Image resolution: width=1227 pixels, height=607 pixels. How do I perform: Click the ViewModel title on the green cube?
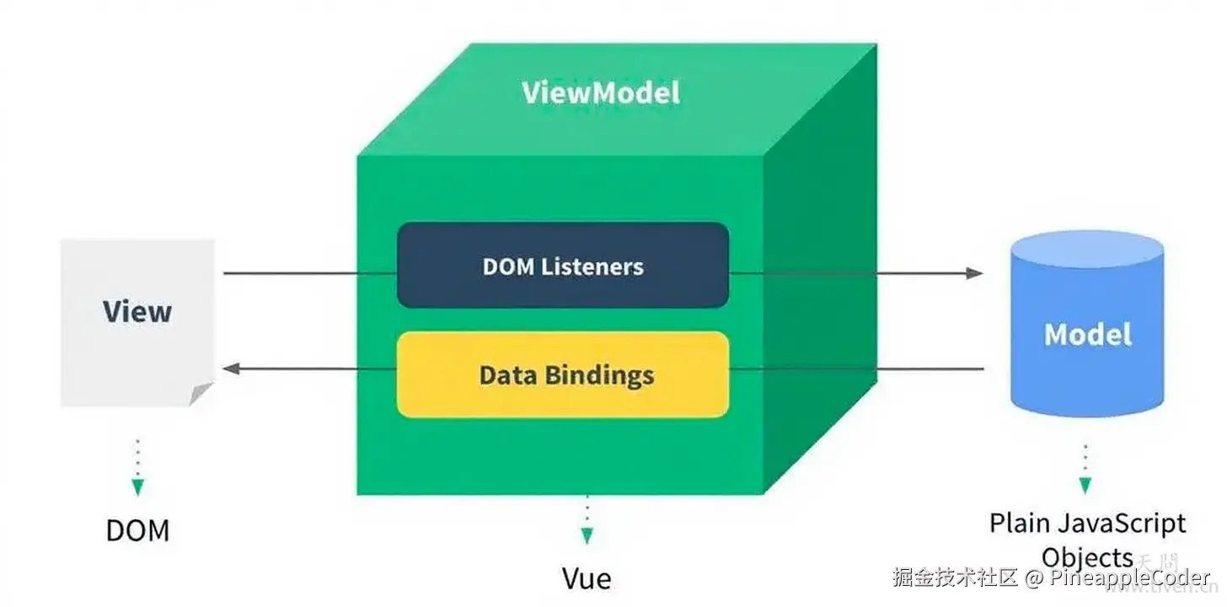click(601, 92)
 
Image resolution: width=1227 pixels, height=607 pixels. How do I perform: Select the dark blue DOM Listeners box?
click(563, 266)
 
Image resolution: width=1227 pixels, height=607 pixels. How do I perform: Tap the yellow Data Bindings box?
click(563, 374)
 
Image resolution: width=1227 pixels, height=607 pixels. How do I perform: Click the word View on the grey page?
click(137, 311)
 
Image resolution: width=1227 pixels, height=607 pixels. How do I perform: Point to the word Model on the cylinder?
click(1087, 334)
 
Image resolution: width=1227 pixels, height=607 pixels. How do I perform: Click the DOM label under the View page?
click(137, 530)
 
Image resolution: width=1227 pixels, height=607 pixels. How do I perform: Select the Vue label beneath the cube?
click(587, 578)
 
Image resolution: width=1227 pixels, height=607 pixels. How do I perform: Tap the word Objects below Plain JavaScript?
click(1087, 558)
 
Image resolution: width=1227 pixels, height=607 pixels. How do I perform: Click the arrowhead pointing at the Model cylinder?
click(974, 273)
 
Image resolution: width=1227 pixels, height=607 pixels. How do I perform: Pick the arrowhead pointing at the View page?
click(232, 368)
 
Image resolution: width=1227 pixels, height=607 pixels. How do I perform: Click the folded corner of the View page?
click(201, 394)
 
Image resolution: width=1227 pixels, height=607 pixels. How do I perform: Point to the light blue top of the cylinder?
click(1087, 250)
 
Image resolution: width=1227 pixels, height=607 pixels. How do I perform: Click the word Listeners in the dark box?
click(592, 266)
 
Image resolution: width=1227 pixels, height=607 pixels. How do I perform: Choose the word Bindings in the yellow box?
click(600, 376)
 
